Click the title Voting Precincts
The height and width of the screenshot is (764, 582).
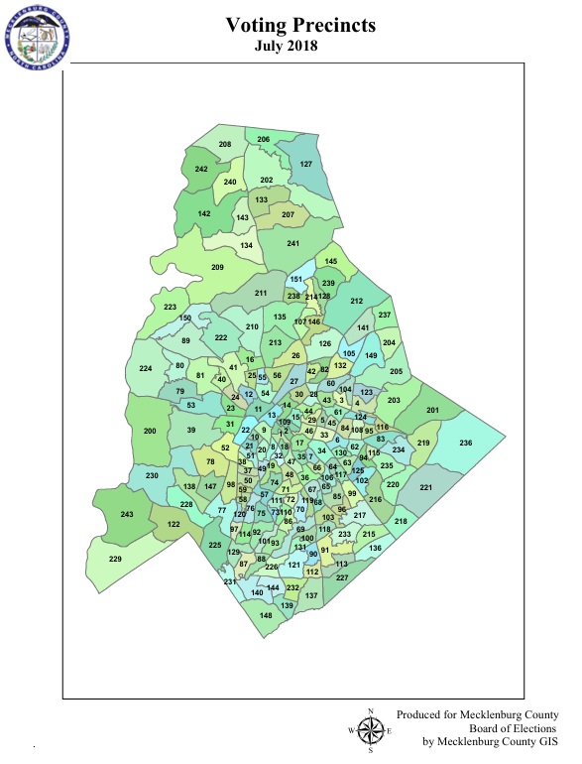(x=300, y=26)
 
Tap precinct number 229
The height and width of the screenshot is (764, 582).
(x=115, y=560)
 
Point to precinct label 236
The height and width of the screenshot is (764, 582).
(x=465, y=442)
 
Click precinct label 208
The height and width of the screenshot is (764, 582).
(x=224, y=145)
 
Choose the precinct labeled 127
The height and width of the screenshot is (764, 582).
(x=306, y=164)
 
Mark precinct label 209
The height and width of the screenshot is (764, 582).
(x=218, y=268)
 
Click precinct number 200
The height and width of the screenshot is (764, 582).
(x=151, y=432)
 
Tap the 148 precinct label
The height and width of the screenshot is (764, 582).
(x=266, y=615)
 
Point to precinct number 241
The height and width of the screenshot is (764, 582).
(x=292, y=244)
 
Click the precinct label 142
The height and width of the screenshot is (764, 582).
(x=204, y=213)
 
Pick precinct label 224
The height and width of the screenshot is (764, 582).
(x=146, y=369)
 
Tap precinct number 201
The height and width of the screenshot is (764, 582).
(x=432, y=410)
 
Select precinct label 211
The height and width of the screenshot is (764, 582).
(x=262, y=294)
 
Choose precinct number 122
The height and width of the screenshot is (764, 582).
(x=174, y=523)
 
